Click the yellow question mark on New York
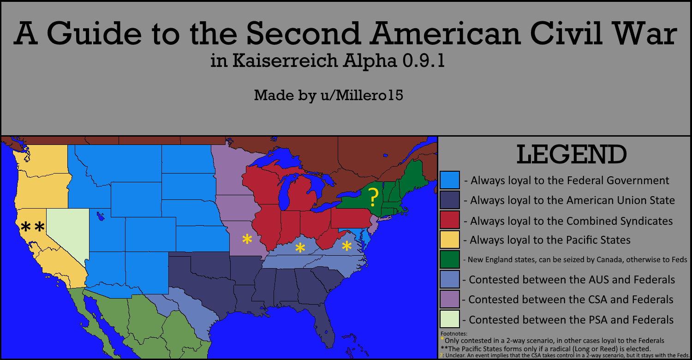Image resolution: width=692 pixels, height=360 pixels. pos(374,198)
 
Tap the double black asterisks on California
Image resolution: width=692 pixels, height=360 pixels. pos(33,227)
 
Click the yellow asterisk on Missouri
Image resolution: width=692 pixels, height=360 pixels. pos(247,239)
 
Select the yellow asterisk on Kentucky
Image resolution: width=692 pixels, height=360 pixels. pos(300,248)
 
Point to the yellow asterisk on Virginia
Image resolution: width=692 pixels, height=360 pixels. pos(346,246)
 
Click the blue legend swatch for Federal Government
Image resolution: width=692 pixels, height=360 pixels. pos(450,180)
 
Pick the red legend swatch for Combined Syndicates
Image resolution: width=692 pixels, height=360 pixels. pos(450,220)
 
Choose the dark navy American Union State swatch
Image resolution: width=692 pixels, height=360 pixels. pos(450,200)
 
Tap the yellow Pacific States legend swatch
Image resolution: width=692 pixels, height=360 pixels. pos(450,240)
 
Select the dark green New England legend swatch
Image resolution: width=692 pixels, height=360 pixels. pos(450,259)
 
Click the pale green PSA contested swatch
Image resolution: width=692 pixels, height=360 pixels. pos(450,319)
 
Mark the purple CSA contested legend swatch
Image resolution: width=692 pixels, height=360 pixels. pos(450,299)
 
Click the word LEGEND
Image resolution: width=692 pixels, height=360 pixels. pos(571,155)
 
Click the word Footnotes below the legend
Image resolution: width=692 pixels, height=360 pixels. pos(454,333)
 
